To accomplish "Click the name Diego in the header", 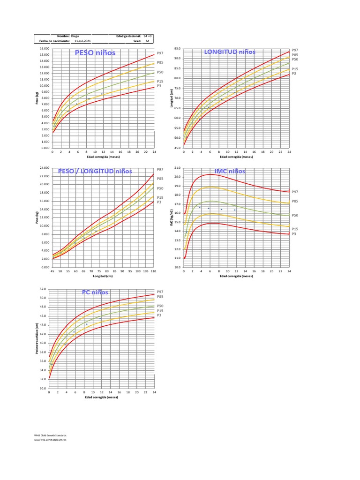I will point(75,36).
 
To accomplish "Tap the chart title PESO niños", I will point(95,52).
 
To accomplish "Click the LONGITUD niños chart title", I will point(230,52).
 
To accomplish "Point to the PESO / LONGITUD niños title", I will point(95,171).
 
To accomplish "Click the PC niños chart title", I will point(95,292).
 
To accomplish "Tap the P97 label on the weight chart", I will point(160,53).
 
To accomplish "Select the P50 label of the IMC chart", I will point(295,215).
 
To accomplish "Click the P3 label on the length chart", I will point(294,74).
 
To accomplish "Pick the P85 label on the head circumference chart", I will point(160,297).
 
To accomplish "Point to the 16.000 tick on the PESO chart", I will point(45,49).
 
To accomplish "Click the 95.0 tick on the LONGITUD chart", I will point(178,48).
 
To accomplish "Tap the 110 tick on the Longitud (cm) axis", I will point(154,271).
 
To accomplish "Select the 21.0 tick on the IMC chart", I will point(178,168).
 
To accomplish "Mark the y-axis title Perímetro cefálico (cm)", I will point(37,339).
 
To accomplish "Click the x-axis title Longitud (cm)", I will point(103,276).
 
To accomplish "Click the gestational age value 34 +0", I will point(147,36).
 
